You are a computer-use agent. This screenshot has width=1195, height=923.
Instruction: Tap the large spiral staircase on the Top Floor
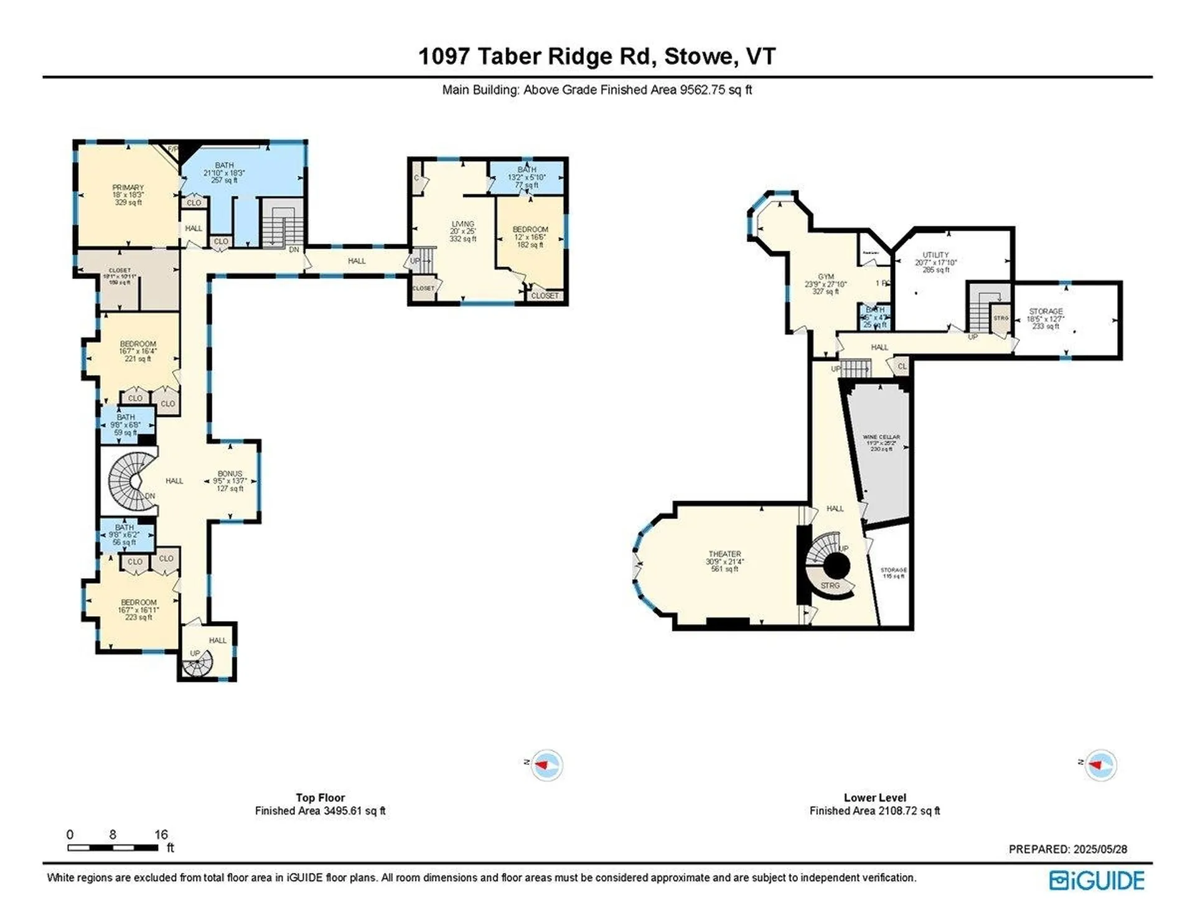tap(132, 481)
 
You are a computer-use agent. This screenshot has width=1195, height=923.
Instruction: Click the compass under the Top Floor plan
tap(546, 765)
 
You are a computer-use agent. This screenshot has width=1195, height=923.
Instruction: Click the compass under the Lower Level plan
tap(1100, 765)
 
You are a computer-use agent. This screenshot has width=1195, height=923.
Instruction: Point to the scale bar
tap(113, 847)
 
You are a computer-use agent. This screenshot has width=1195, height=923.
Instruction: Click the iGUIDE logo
tap(1097, 880)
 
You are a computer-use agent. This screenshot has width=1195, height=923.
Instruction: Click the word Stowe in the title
tap(698, 57)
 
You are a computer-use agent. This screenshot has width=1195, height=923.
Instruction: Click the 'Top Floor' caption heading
tap(320, 797)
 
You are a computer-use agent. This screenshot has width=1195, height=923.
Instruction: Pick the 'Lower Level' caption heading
tap(874, 797)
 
